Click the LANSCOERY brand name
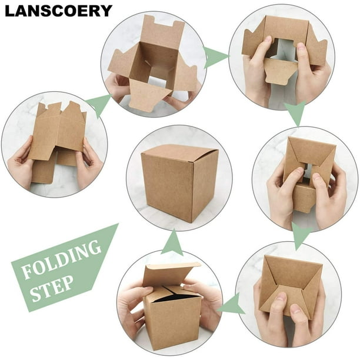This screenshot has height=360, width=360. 59,11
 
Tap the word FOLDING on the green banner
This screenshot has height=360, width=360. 61,259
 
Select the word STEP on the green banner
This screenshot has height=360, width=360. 52,289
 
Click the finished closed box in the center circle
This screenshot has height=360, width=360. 179,183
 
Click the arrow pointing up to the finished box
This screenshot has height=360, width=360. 173,242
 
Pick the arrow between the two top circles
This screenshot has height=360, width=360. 215,58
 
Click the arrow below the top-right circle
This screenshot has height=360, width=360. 296,113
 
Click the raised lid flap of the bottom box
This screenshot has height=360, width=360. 171,274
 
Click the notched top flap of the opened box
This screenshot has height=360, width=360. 162,32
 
